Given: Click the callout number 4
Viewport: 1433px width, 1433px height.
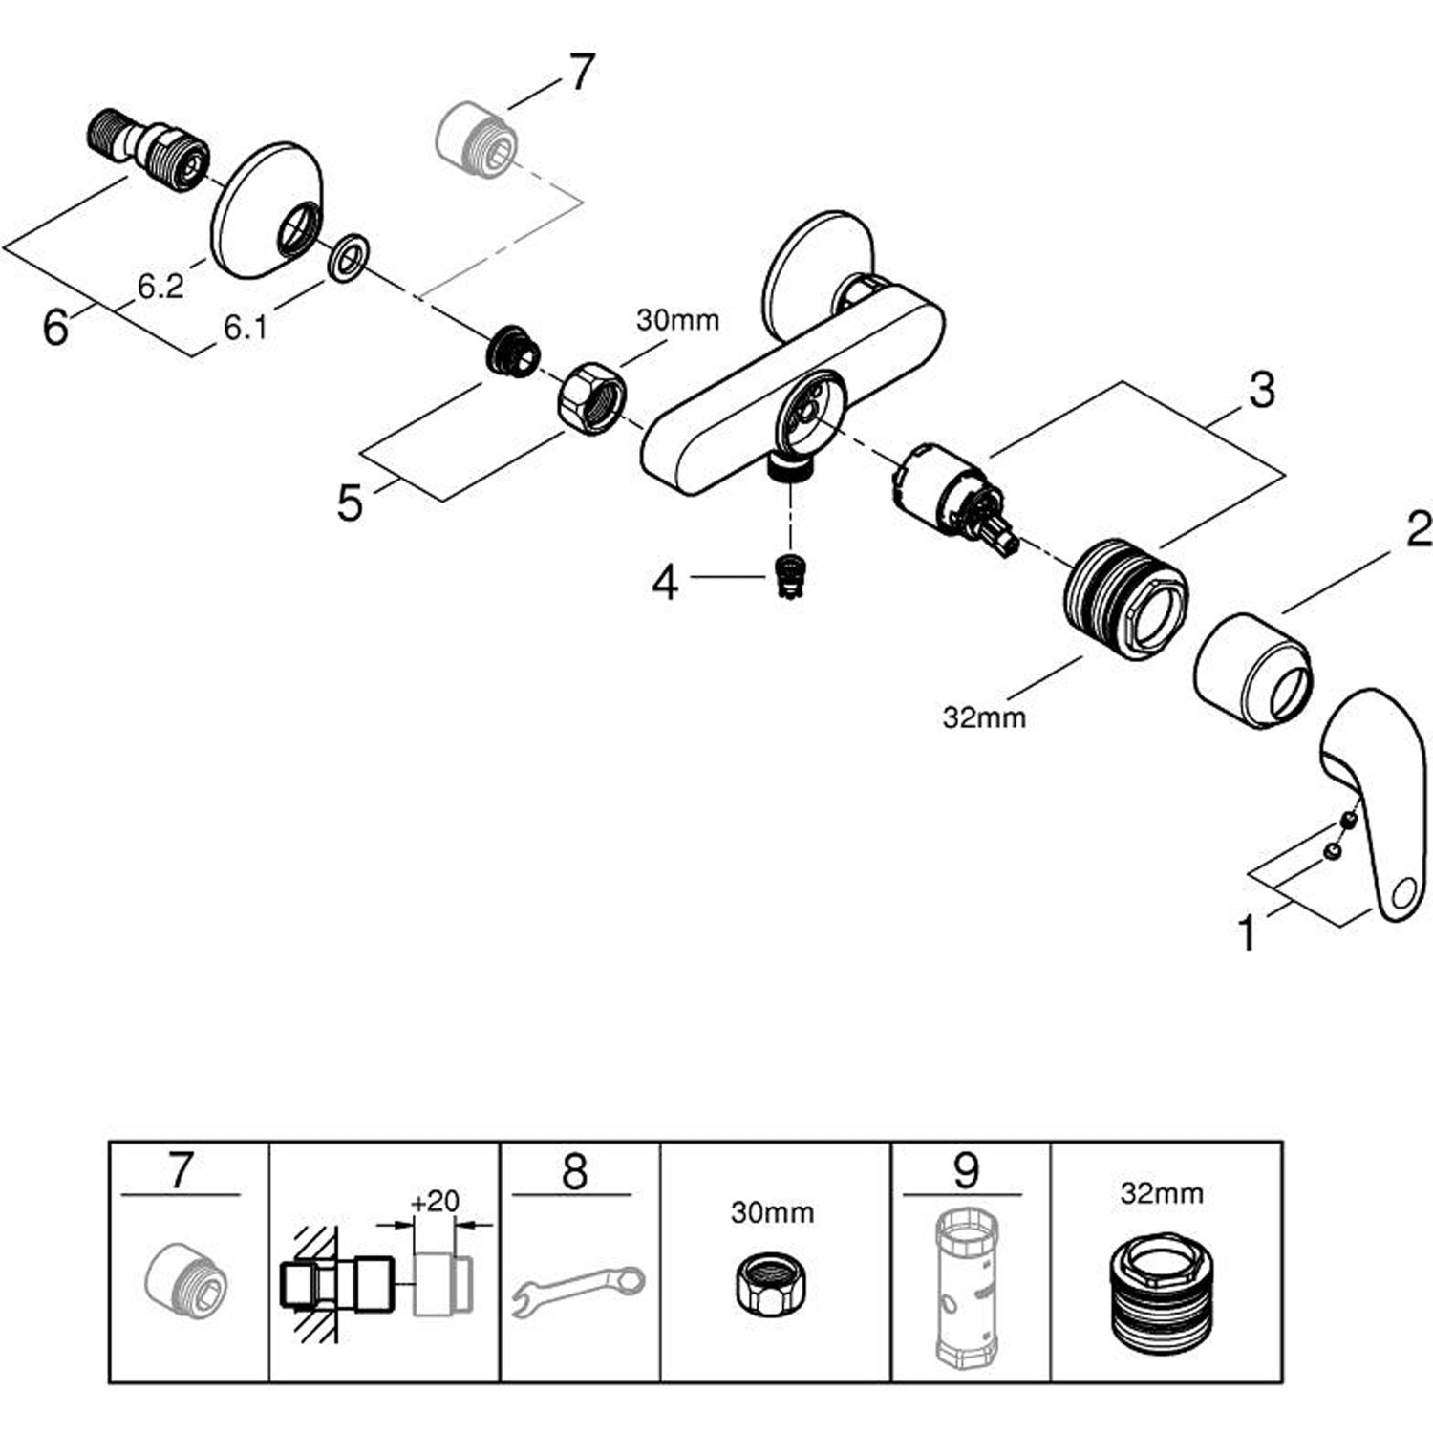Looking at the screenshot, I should point(665,582).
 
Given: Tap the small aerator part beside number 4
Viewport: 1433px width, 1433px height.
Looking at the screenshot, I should point(789,576).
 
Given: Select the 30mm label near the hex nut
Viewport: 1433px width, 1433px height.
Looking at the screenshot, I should point(677,320).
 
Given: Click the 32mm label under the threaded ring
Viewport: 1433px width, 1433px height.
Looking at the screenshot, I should point(984,717).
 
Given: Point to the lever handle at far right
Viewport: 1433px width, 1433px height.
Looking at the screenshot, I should point(1376,802).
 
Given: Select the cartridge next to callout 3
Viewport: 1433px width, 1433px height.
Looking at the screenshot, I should point(949,497).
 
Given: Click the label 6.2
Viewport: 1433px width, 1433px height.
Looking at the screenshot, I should point(160,286).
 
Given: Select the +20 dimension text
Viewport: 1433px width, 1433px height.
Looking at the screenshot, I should point(435,1201).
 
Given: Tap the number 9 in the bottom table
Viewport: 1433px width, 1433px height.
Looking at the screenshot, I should point(966,1170).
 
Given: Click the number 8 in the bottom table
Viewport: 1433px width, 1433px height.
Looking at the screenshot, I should point(574,1170).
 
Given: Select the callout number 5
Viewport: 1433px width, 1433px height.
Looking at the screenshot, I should point(350,503).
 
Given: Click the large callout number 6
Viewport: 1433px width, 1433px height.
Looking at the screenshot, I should point(56,328).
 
